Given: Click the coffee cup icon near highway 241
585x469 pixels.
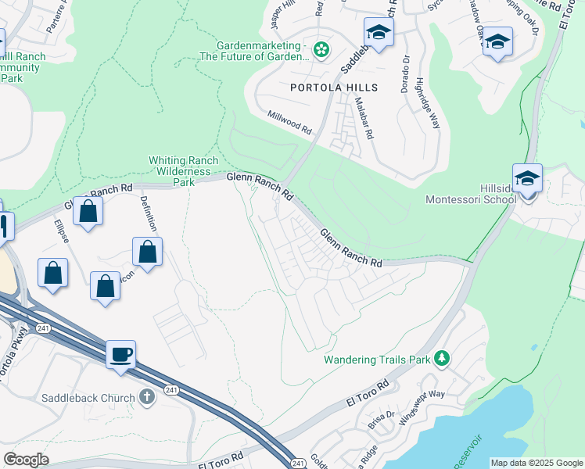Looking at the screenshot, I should click(x=121, y=354).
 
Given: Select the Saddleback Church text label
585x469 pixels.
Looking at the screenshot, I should click(x=95, y=398).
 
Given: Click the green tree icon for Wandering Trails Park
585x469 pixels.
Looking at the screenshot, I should click(x=443, y=358).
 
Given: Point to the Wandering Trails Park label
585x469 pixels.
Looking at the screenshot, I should click(x=378, y=360).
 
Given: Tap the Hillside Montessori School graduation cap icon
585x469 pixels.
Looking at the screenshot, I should click(x=528, y=178).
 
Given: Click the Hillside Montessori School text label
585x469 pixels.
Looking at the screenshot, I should click(x=471, y=193).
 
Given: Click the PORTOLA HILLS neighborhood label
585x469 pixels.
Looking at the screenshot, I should click(x=334, y=88).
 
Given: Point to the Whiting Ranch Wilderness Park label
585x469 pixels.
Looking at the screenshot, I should click(x=180, y=171).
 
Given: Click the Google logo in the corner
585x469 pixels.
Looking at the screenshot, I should click(x=27, y=460).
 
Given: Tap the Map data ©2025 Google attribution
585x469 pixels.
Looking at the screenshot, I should click(x=536, y=463).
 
